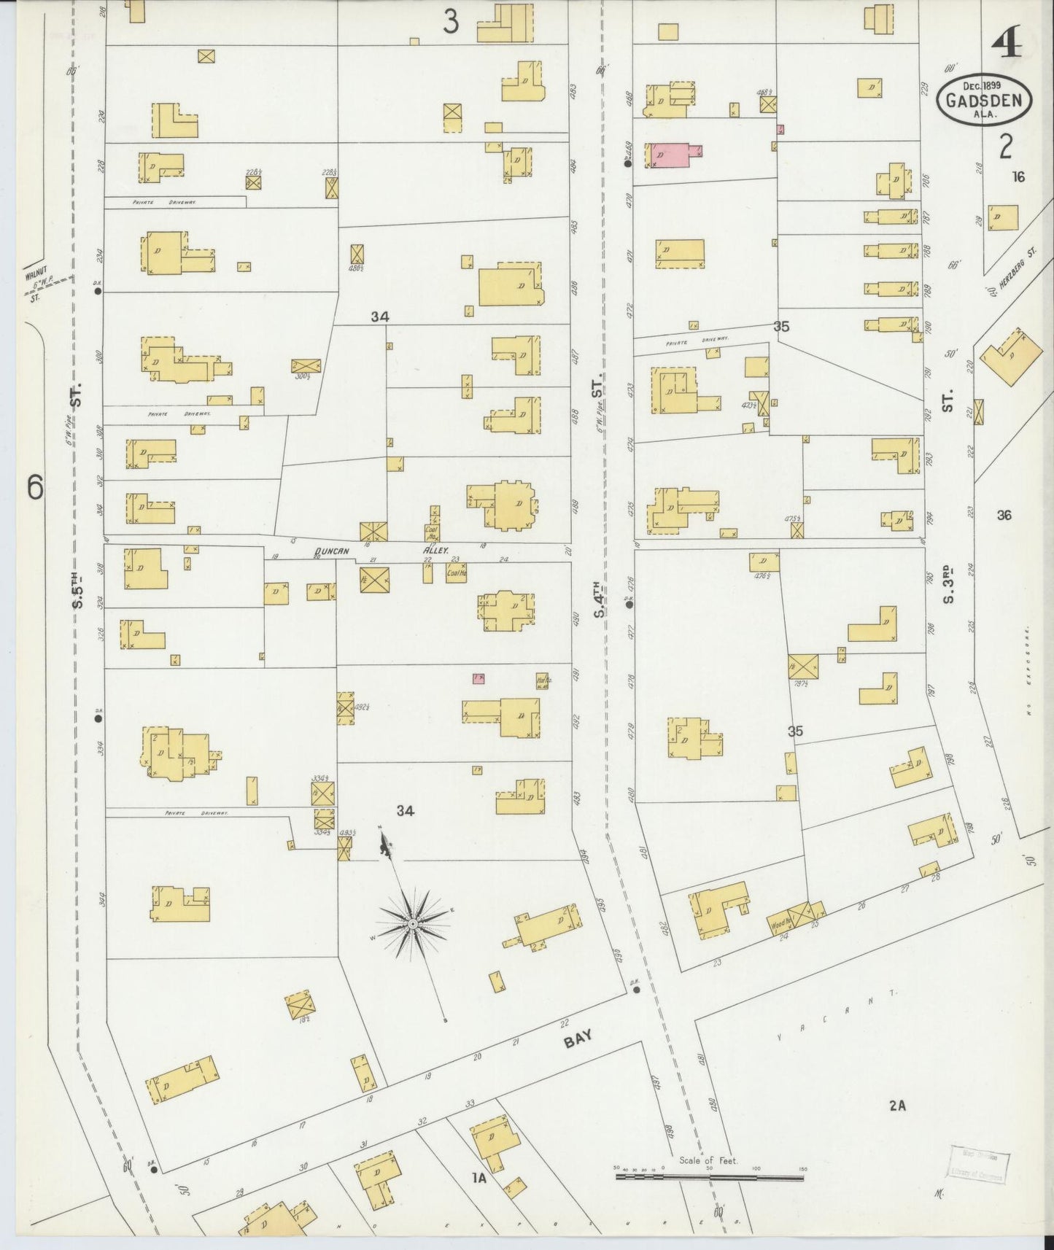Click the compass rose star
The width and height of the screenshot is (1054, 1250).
(413, 924)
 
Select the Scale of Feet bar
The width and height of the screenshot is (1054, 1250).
(709, 1176)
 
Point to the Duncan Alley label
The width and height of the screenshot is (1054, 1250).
(382, 552)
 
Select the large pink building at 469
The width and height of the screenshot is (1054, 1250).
(668, 155)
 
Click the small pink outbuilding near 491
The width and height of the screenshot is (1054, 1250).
(478, 679)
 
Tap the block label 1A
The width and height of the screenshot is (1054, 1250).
(478, 1176)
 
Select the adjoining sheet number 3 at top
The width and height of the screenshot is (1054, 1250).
(452, 23)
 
